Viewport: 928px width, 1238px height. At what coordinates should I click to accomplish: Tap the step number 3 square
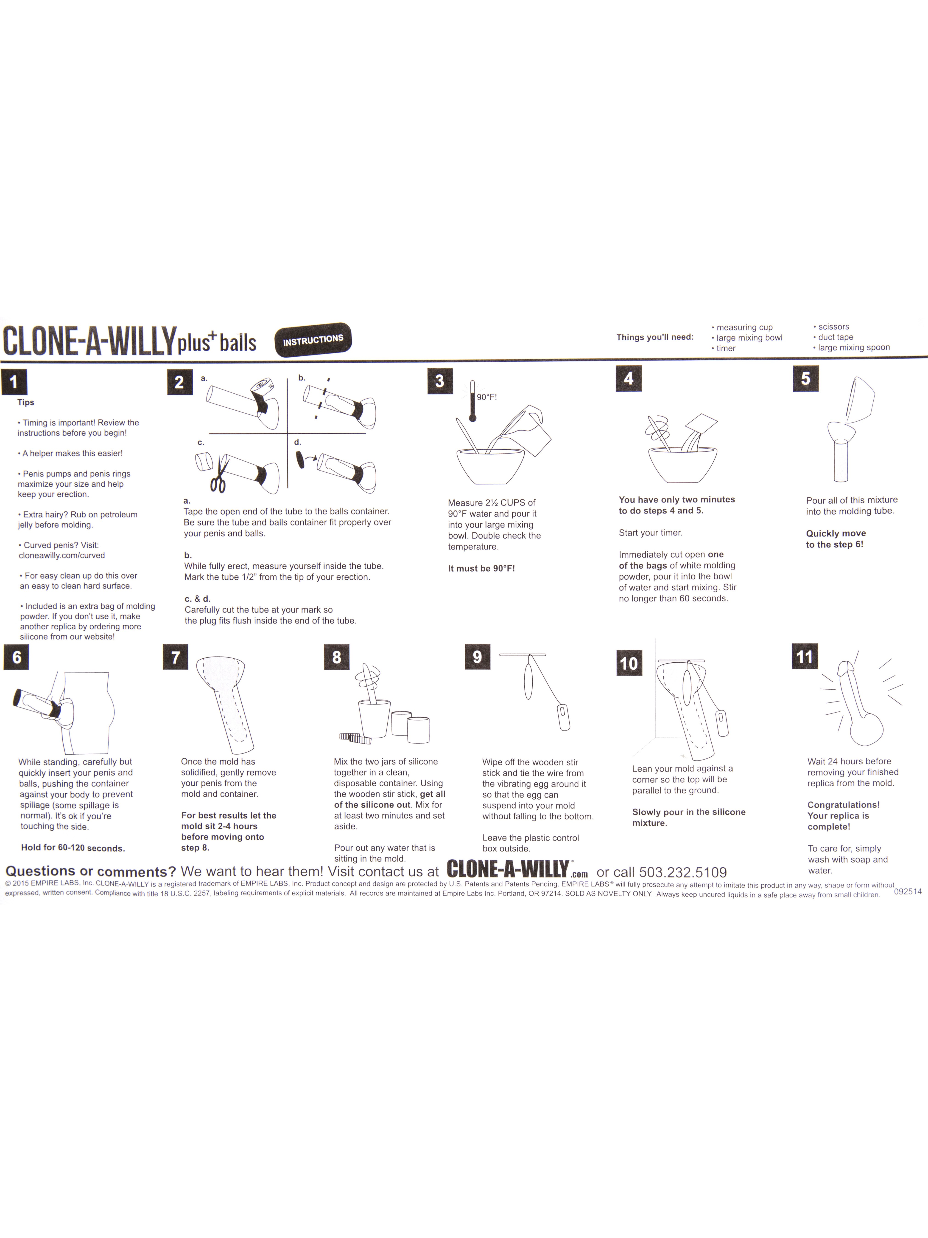tap(440, 381)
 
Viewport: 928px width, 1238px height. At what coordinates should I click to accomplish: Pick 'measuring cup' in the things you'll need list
tap(744, 327)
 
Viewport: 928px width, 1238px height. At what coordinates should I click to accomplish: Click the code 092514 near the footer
tap(907, 891)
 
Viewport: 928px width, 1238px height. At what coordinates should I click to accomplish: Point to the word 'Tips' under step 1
tap(26, 402)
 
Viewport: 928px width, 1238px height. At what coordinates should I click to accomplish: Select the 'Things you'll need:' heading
tap(654, 337)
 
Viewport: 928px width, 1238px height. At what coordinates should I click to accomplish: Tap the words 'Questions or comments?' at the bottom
tap(91, 871)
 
